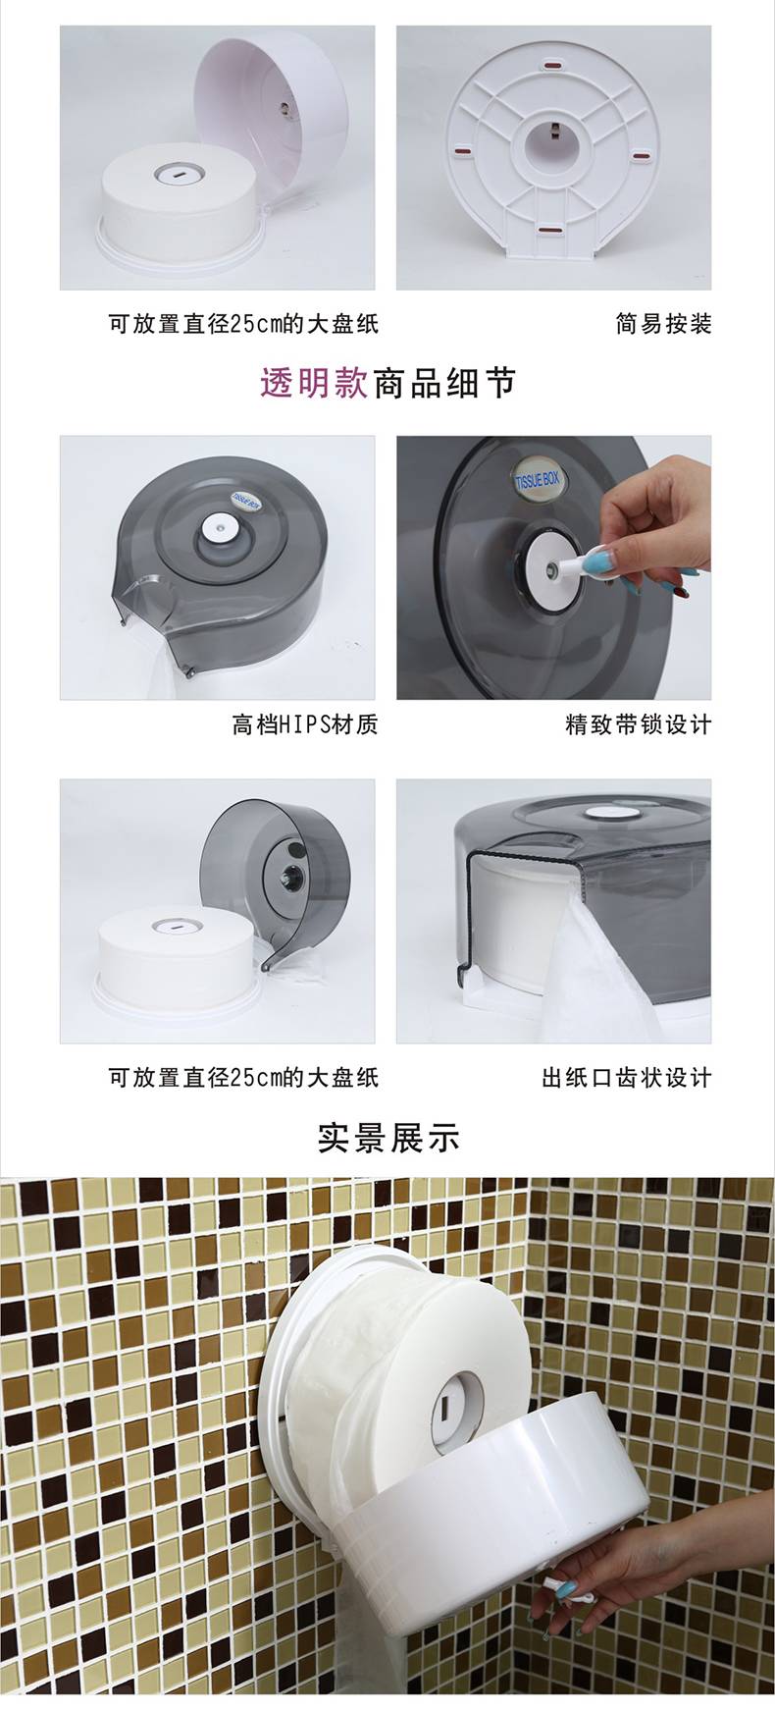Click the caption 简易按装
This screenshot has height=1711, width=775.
coord(663,323)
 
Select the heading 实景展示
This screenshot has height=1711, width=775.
coord(388,1137)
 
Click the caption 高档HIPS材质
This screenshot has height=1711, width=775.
coord(305,724)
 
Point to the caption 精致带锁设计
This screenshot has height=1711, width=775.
coord(639,724)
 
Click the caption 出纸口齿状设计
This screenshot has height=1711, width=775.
coord(627,1077)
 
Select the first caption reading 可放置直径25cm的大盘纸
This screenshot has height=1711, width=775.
coord(242,323)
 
